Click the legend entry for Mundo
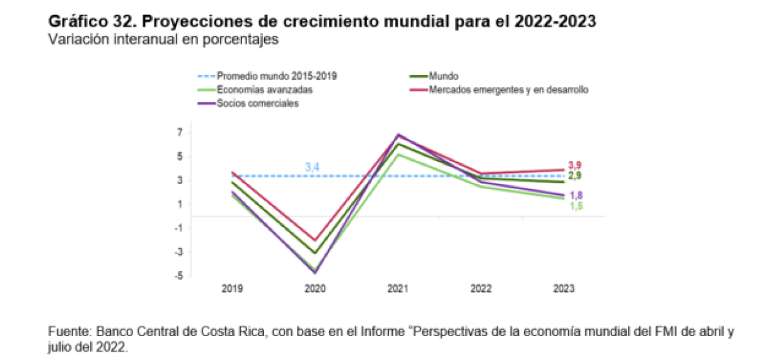pyautogui.click(x=445, y=76)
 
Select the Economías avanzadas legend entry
pyautogui.click(x=264, y=90)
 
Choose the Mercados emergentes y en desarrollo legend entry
pyautogui.click(x=508, y=90)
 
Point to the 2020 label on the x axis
pyautogui.click(x=315, y=289)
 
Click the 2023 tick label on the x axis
pyautogui.click(x=563, y=289)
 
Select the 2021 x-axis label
pyautogui.click(x=398, y=289)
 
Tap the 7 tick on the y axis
pyautogui.click(x=180, y=132)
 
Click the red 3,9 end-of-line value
pyautogui.click(x=574, y=165)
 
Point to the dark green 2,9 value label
pyautogui.click(x=574, y=175)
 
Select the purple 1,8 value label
pyautogui.click(x=574, y=195)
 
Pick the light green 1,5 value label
pyautogui.click(x=574, y=206)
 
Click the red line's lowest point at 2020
pyautogui.click(x=315, y=240)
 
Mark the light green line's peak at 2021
pyautogui.click(x=398, y=154)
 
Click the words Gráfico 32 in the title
pyautogui.click(x=88, y=21)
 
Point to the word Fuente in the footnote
pyautogui.click(x=66, y=332)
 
